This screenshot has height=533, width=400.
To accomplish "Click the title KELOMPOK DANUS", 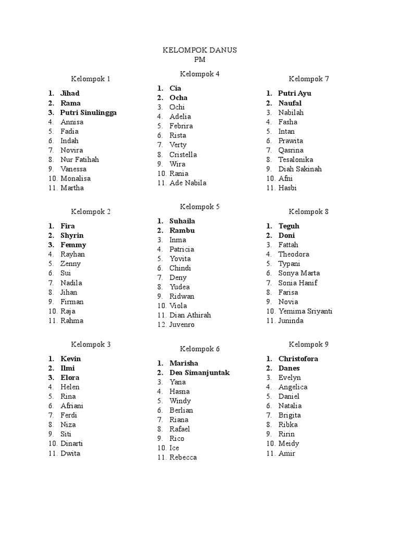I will [x=200, y=50].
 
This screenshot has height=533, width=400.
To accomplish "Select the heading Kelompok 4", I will [x=200, y=74].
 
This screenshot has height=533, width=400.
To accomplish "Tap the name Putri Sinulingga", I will [x=89, y=112].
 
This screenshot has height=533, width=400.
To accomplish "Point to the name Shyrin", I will [x=72, y=235].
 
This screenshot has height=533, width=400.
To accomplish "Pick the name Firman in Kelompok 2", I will [x=72, y=301].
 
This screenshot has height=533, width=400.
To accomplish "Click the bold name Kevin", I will [x=71, y=359].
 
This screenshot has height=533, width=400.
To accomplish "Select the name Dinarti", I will [x=72, y=443].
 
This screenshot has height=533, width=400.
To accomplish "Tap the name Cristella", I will [x=183, y=155].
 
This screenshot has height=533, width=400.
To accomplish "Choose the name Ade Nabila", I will [x=187, y=183].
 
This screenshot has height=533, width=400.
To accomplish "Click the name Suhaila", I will [x=182, y=221].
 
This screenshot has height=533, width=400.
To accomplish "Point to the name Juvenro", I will [x=182, y=325].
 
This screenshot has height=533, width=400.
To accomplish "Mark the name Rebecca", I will [x=183, y=458].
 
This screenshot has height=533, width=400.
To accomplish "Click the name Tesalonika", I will [x=295, y=160].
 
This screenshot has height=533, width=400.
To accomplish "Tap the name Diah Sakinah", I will [x=299, y=169].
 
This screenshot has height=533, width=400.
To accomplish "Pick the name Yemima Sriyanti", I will [x=305, y=311].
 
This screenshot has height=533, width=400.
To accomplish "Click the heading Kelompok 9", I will [x=309, y=345].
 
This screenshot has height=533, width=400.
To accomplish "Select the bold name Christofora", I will [x=298, y=359].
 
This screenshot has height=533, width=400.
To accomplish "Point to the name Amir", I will [x=286, y=453].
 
